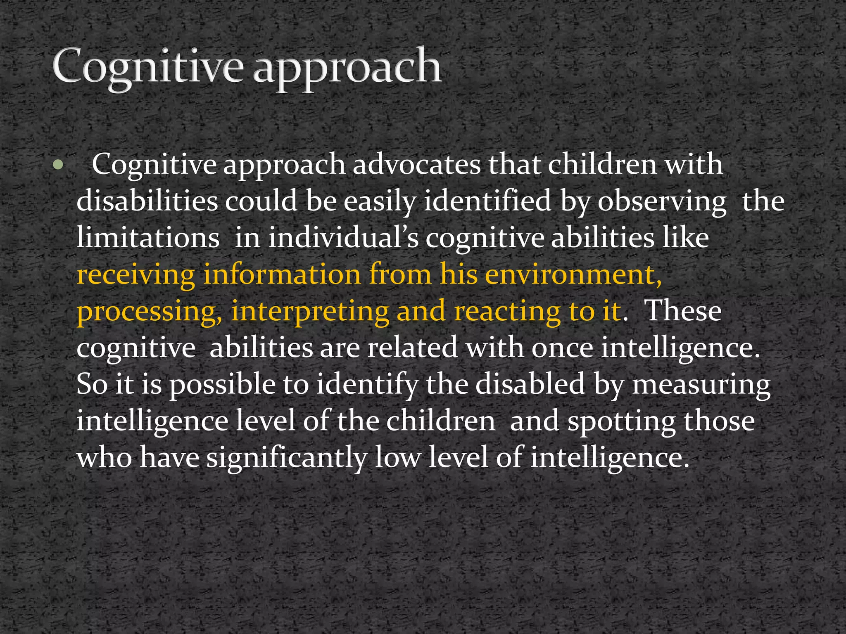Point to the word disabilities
pyautogui.click(x=147, y=201)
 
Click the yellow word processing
pyautogui.click(x=149, y=312)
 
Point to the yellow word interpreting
pyautogui.click(x=310, y=312)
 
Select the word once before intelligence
pyautogui.click(x=562, y=348)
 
